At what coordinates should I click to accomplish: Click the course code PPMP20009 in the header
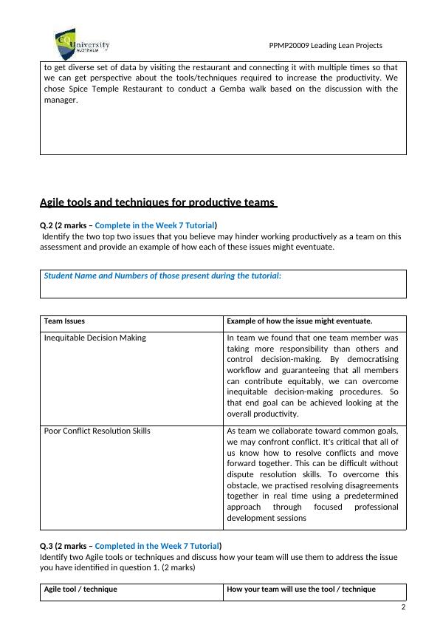[x=293, y=46]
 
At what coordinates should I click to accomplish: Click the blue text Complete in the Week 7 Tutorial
[x=155, y=225]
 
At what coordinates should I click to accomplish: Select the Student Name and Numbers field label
[x=162, y=276]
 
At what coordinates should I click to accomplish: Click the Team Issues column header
[x=64, y=321]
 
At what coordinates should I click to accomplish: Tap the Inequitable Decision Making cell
[x=95, y=338]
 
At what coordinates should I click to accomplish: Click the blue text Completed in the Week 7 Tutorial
[x=157, y=546]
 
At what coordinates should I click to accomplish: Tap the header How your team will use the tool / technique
[x=301, y=589]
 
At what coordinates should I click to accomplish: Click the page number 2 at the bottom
[x=403, y=607]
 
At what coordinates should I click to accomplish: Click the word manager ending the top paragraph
[x=60, y=100]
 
